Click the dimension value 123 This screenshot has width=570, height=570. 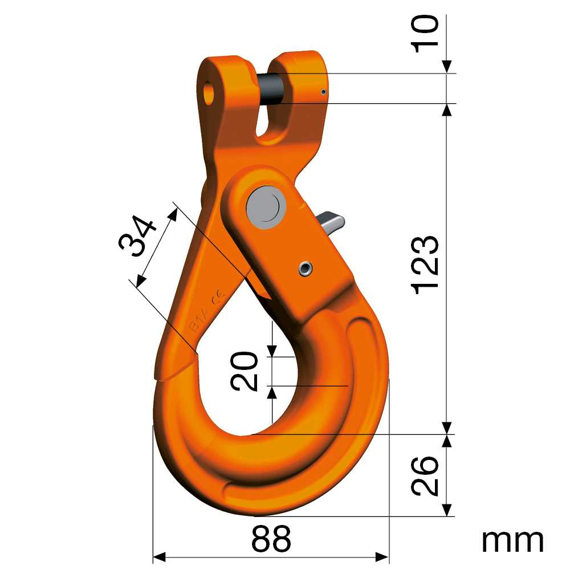coord(425,264)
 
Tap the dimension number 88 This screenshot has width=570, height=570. coord(271,539)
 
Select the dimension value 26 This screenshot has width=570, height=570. coord(425,475)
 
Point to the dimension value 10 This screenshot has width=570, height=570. coord(425,35)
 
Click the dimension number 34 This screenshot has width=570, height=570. coord(137,236)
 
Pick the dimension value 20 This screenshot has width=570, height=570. coord(245,371)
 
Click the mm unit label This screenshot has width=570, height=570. coord(512,541)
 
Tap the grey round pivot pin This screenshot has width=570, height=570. coord(266,207)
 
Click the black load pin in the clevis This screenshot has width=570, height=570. coord(271,89)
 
